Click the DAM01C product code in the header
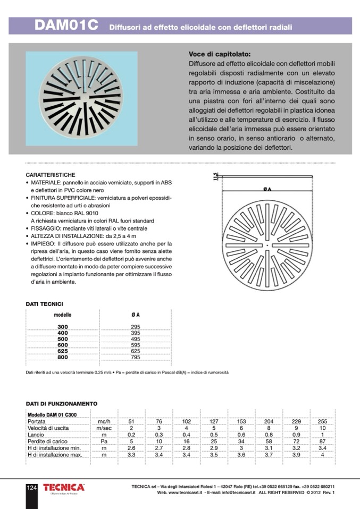tap(66, 26)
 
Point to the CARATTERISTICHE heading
tap(50, 175)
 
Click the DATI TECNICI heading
tap(45, 304)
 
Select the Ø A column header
tap(135, 315)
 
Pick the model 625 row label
tap(63, 351)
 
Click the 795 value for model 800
tap(135, 358)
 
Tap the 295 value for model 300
tap(135, 326)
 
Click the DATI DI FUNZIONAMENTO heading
tap(62, 404)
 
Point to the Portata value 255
tap(322, 421)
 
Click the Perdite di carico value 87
tap(322, 442)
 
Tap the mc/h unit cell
tap(104, 421)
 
